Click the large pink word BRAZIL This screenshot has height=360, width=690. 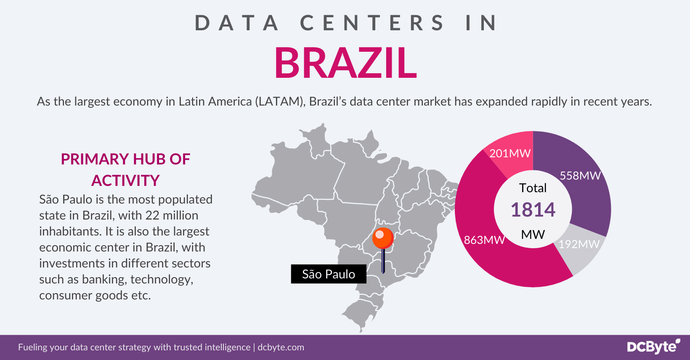[345, 63]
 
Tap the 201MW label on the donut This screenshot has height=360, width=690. [510, 153]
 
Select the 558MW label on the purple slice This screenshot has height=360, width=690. [580, 175]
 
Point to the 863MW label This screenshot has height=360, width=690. [484, 240]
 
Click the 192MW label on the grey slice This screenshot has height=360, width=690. [579, 244]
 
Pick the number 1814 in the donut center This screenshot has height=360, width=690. [533, 209]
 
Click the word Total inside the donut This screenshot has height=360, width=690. [533, 188]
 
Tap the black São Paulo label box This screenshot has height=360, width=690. [329, 274]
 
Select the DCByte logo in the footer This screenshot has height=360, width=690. [653, 347]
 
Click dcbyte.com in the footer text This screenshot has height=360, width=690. [281, 347]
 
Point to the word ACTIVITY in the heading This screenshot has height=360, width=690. [125, 180]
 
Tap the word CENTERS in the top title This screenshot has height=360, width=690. [372, 23]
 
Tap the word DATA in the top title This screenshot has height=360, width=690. [237, 23]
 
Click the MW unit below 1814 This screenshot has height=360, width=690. [533, 234]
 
